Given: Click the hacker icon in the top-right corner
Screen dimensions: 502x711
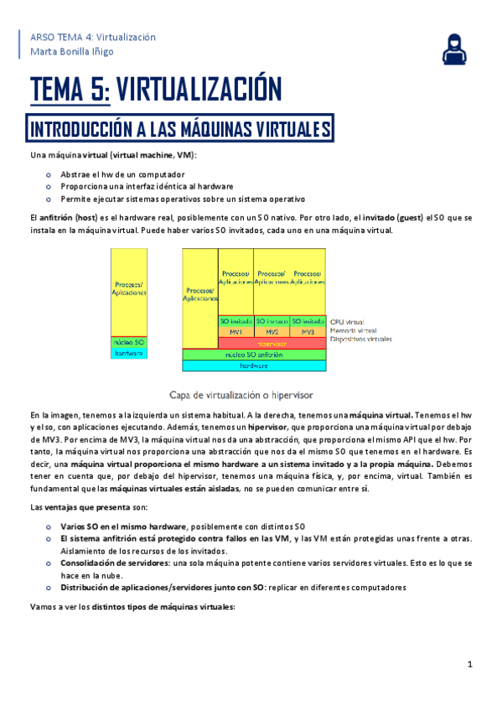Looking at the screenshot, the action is pyautogui.click(x=456, y=49).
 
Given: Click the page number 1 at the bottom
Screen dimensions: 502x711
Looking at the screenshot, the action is pyautogui.click(x=471, y=665).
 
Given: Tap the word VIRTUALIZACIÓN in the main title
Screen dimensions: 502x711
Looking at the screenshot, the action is pyautogui.click(x=197, y=88).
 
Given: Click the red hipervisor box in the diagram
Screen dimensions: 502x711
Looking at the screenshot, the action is pyautogui.click(x=267, y=343).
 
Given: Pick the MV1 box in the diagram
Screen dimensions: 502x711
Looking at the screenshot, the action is pyautogui.click(x=235, y=332).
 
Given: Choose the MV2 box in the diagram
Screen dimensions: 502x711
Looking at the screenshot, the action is pyautogui.click(x=272, y=332).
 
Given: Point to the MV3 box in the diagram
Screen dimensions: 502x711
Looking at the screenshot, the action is pyautogui.click(x=308, y=332).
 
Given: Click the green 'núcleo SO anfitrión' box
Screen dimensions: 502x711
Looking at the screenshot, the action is pyautogui.click(x=254, y=354).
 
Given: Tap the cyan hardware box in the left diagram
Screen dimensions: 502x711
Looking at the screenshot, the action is pyautogui.click(x=129, y=354).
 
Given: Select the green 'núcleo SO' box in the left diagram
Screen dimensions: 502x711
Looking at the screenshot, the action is pyautogui.click(x=129, y=342).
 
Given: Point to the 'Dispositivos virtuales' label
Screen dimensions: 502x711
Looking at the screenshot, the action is pyautogui.click(x=361, y=340).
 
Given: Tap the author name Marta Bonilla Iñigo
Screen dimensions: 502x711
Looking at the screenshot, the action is pyautogui.click(x=73, y=52).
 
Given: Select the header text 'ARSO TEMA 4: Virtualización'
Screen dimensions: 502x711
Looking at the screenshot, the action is pyautogui.click(x=92, y=38).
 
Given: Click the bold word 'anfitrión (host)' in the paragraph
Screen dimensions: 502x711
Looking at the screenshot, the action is pyautogui.click(x=69, y=217).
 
